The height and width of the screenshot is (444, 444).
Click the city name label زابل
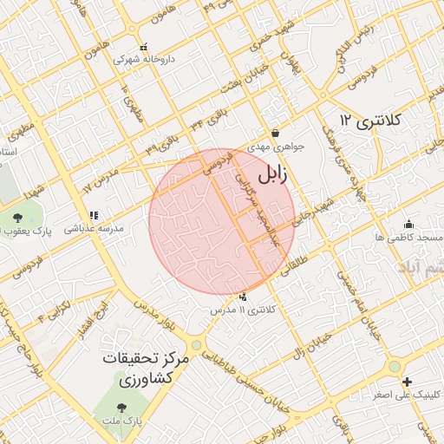point(271,174)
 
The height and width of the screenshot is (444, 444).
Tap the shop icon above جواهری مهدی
point(275,133)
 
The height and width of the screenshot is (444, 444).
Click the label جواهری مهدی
point(277,147)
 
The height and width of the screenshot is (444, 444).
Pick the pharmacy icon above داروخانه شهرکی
point(144,47)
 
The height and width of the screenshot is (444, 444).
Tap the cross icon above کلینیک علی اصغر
point(407,382)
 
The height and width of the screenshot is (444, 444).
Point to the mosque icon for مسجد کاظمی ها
point(409,223)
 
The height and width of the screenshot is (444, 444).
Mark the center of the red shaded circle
point(222,222)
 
